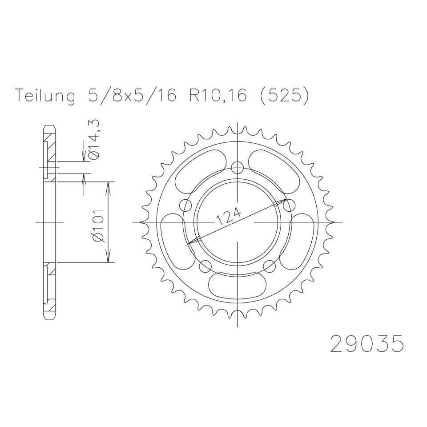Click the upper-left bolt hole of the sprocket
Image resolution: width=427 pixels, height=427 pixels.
click(x=185, y=205)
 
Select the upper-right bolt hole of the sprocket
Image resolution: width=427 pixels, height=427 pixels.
click(x=290, y=205)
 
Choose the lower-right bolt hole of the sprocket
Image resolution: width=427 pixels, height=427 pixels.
click(x=270, y=266)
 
